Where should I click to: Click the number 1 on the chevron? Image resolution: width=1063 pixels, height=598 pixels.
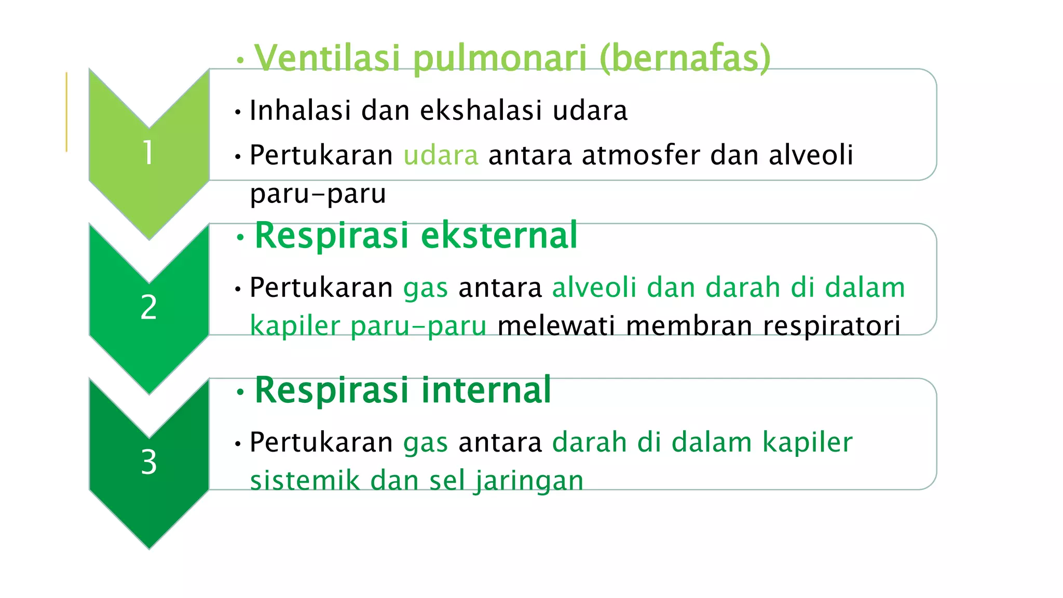click(x=148, y=153)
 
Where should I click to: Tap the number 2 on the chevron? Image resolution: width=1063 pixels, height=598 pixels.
click(x=148, y=307)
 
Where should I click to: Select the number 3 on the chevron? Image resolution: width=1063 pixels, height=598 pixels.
click(x=148, y=461)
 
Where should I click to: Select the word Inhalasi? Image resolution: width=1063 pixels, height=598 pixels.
click(x=300, y=110)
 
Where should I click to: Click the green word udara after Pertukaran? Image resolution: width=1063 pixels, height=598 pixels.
click(x=441, y=155)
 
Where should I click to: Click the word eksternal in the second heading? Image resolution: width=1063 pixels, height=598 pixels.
click(x=499, y=235)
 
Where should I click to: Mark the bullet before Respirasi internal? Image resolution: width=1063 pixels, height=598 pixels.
click(x=239, y=392)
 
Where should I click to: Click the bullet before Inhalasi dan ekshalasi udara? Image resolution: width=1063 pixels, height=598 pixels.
click(x=238, y=112)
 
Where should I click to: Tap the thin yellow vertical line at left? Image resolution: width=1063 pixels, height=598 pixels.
click(x=66, y=112)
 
